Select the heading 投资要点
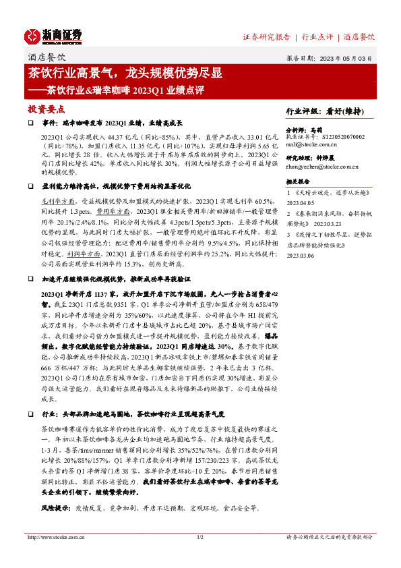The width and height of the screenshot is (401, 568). pyautogui.click(x=46, y=109)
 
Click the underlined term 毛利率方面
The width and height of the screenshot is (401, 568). pyautogui.click(x=56, y=201)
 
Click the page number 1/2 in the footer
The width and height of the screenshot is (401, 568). pyautogui.click(x=199, y=537)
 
